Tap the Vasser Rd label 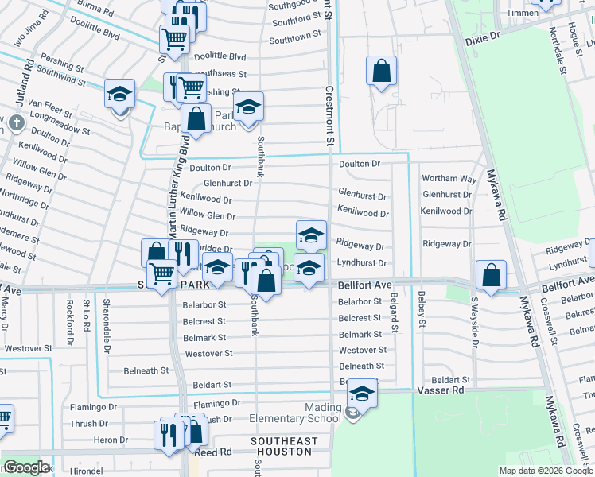440,390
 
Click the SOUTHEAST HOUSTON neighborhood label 284,446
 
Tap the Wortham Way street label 448,179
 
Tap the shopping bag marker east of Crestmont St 382,71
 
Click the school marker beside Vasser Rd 361,395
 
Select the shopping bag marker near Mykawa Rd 491,275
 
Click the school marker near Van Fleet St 119,95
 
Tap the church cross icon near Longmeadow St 17,124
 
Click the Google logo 26,467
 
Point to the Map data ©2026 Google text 545,471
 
